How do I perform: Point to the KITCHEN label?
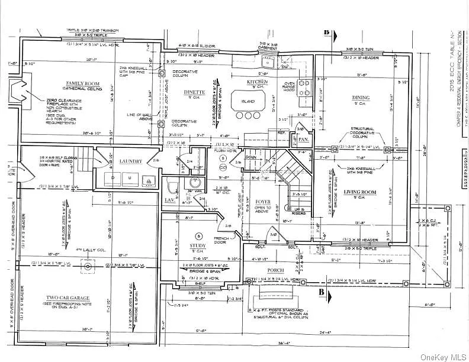click(258, 81)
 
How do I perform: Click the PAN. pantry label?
click(303, 140)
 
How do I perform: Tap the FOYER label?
click(262, 202)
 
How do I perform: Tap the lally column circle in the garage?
click(88, 266)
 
